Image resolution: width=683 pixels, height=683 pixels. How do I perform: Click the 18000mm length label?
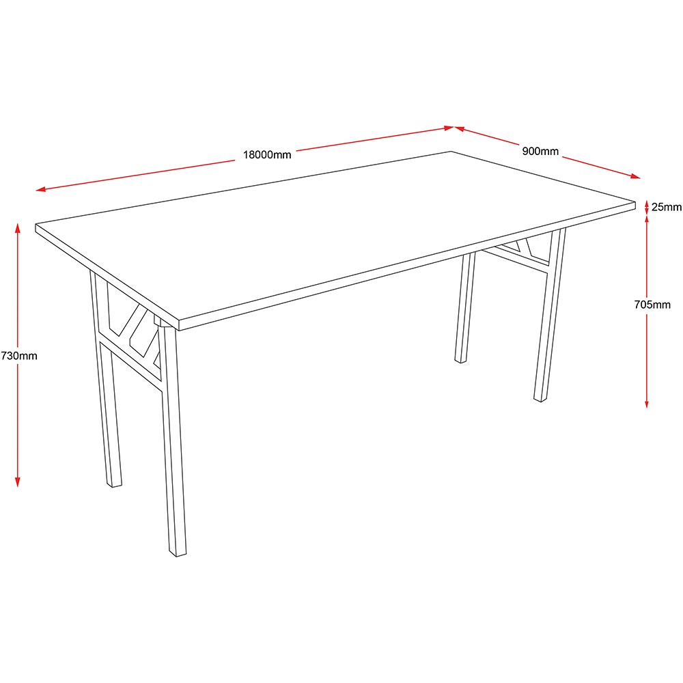[267, 154]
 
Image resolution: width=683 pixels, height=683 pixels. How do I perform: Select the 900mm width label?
[540, 151]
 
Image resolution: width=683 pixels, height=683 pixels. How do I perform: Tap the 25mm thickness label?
[667, 207]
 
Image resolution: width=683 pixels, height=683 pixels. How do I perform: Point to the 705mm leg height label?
[652, 305]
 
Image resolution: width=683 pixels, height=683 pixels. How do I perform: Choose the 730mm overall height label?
[19, 356]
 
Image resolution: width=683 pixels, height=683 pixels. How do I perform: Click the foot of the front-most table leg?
[178, 554]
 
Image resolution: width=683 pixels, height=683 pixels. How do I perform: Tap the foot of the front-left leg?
[114, 484]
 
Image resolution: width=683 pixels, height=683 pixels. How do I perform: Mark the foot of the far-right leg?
[540, 399]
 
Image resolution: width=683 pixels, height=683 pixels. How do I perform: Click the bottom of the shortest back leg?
[460, 360]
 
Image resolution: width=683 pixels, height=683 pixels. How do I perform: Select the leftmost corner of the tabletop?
[36, 225]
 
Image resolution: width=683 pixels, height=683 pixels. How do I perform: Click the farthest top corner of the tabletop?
[451, 151]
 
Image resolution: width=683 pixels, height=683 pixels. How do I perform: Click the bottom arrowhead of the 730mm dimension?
[18, 482]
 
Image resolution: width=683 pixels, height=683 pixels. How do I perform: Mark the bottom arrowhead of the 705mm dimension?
[647, 404]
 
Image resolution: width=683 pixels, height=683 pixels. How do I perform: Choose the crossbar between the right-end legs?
[514, 261]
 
